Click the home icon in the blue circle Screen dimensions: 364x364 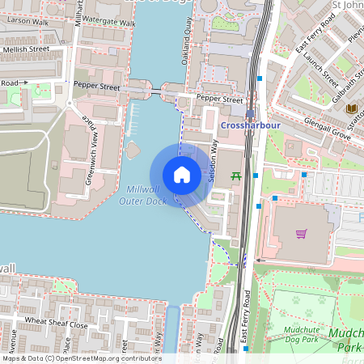(182, 175)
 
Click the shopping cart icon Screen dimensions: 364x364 (301, 235)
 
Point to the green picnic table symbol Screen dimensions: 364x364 (236, 176)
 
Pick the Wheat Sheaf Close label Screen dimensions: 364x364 (55, 324)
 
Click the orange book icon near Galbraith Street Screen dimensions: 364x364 (351, 108)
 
